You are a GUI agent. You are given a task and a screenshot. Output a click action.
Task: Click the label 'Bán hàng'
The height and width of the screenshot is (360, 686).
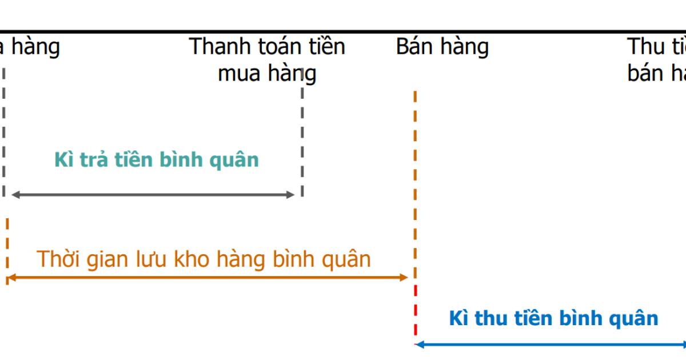[442, 47]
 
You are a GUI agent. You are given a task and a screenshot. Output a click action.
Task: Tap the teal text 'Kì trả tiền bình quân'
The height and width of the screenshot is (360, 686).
[157, 159]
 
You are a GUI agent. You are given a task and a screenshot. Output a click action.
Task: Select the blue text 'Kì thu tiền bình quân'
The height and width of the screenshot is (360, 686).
[553, 318]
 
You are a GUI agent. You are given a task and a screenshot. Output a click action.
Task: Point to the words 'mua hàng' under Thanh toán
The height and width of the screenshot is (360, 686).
[267, 73]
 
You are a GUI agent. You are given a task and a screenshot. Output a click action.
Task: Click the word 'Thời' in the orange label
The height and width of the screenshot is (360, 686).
[61, 259]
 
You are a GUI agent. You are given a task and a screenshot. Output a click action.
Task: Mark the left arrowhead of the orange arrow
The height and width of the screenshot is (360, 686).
[10, 278]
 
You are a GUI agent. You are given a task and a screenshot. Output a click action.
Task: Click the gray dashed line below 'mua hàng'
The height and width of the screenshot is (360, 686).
[302, 137]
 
